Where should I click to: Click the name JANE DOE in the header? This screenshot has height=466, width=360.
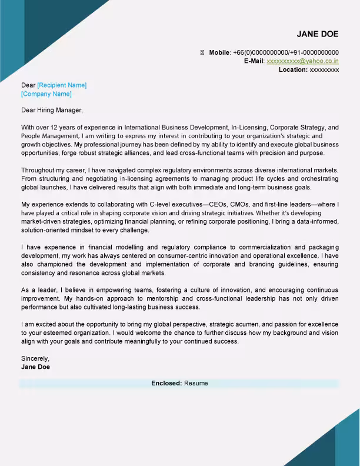318,34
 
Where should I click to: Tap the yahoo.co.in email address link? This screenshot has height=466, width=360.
302,61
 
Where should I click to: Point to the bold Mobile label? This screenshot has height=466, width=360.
219,52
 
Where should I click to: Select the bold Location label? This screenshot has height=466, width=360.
293,69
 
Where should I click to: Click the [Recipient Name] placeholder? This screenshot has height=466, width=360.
62,85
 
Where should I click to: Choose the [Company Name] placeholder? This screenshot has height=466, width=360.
46,94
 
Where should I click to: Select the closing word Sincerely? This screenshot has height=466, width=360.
35,358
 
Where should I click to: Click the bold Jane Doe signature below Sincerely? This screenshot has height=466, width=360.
35,367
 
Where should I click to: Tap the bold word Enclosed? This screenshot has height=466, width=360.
166,383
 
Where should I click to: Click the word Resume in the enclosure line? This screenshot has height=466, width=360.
196,383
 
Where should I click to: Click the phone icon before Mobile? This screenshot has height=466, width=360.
202,52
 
